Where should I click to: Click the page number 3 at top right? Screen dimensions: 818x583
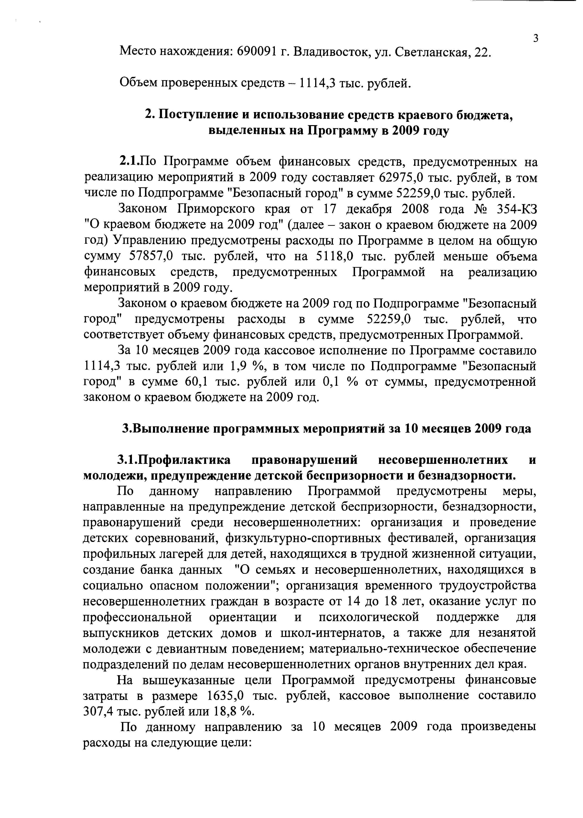tap(536, 38)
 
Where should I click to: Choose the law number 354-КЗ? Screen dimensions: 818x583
tap(515, 209)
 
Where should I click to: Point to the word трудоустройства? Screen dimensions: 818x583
tap(487, 586)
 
